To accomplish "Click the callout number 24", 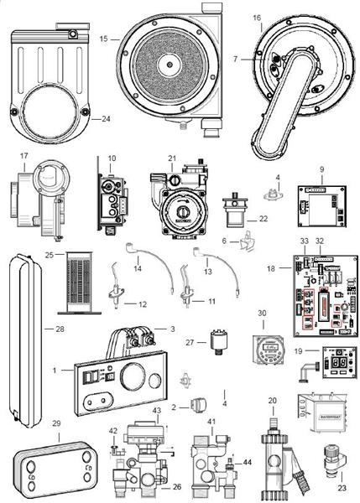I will [106, 118].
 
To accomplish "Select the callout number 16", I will [256, 18].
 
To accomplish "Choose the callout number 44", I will [247, 463].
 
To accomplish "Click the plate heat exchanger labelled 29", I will [56, 468].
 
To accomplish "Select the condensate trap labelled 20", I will [272, 453].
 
